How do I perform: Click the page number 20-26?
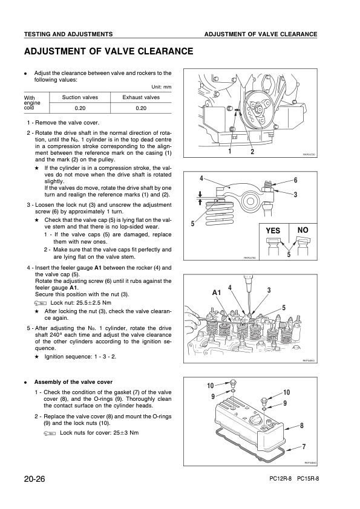point(34,479)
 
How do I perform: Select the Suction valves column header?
point(80,97)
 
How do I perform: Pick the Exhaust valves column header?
point(141,97)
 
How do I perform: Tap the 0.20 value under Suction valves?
point(80,108)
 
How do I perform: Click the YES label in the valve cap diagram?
point(273,230)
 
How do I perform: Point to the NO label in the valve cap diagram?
point(303,230)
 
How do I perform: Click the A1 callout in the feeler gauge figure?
point(217,293)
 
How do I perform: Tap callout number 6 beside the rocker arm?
point(296,180)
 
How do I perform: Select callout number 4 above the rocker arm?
point(201,178)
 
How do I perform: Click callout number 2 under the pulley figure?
point(252,151)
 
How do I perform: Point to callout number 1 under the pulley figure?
point(230,151)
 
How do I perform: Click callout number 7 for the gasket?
point(304,447)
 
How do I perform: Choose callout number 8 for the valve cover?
point(302,425)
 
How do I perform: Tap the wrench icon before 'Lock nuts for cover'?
point(50,433)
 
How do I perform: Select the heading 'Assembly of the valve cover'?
point(73,382)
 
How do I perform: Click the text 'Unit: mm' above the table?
point(162,87)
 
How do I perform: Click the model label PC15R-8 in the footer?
point(308,479)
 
